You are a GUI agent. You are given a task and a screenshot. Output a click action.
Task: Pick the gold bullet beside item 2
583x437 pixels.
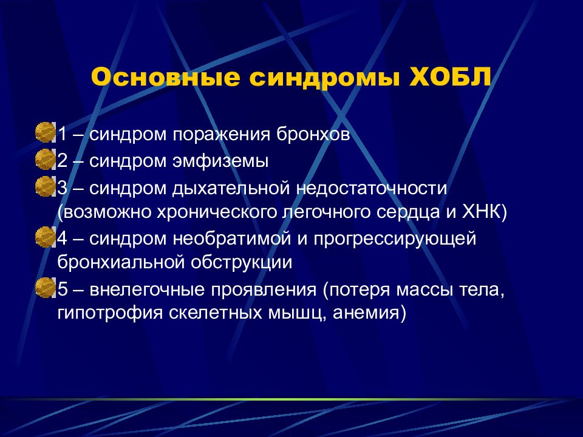pyautogui.click(x=45, y=160)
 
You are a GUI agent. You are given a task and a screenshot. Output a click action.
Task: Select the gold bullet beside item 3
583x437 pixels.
pyautogui.click(x=45, y=186)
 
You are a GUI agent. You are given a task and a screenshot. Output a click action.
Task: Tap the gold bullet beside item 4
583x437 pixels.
pyautogui.click(x=45, y=237)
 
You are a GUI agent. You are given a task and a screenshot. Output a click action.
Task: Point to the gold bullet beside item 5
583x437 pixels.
pyautogui.click(x=45, y=288)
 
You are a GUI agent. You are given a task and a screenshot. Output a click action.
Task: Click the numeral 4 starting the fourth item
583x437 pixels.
pyautogui.click(x=62, y=238)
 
